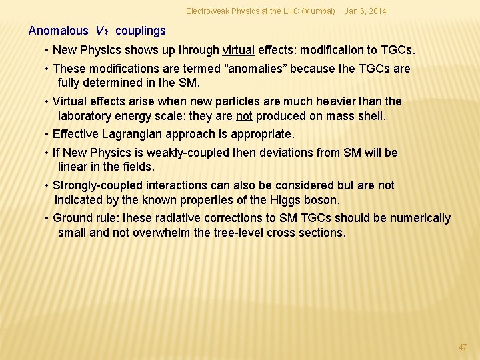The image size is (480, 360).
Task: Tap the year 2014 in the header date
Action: click(375, 11)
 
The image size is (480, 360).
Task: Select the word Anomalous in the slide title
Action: click(59, 31)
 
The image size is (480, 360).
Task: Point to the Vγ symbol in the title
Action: click(103, 31)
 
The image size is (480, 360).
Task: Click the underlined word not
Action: click(244, 116)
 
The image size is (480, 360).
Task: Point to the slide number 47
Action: click(463, 347)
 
